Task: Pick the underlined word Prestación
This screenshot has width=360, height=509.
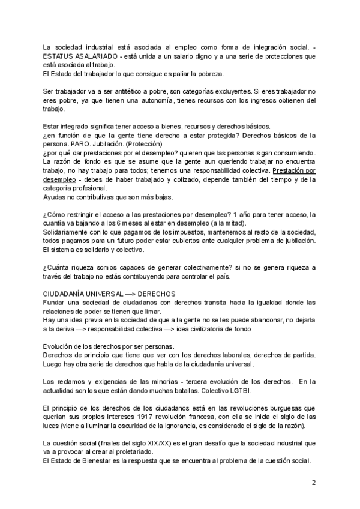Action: click(x=296, y=170)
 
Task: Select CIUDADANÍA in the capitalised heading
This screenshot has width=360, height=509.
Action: click(x=65, y=294)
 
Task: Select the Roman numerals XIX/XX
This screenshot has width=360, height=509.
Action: click(x=173, y=444)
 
